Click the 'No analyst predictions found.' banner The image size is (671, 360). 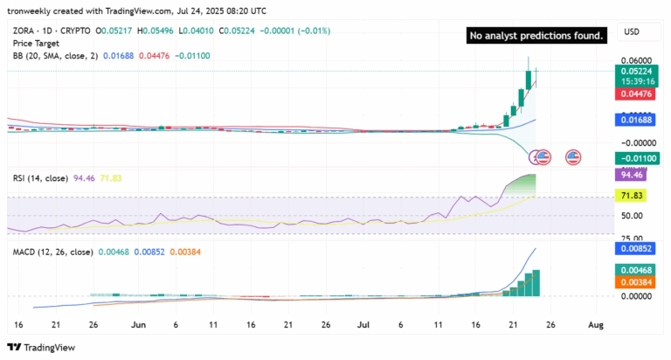tap(536, 36)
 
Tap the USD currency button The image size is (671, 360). tap(632, 32)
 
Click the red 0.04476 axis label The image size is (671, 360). tap(636, 94)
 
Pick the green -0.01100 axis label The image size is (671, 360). tap(636, 158)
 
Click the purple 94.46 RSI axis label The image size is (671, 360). tap(636, 174)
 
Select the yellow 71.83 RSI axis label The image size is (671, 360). tap(636, 197)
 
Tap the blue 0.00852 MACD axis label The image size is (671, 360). tap(636, 247)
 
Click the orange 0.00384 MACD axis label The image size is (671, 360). tap(636, 282)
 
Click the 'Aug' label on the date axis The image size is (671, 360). tap(595, 324)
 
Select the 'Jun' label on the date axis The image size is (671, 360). tap(137, 324)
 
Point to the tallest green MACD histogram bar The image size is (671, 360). tap(536, 283)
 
